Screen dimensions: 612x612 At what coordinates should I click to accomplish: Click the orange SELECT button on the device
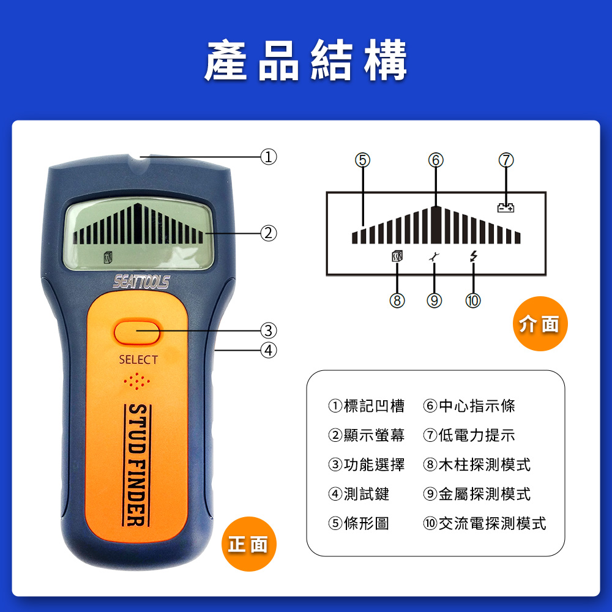pos(137,332)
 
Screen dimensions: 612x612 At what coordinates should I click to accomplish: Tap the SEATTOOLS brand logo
pos(141,282)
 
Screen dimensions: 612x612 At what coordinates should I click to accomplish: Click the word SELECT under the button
pos(138,360)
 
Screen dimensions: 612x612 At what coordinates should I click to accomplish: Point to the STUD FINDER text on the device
pos(137,465)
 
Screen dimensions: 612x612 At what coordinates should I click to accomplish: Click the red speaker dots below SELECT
pos(136,381)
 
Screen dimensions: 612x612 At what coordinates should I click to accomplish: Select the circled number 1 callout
pos(269,157)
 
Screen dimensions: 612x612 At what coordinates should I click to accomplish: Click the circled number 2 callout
pos(269,233)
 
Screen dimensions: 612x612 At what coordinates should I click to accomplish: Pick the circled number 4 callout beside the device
pos(269,350)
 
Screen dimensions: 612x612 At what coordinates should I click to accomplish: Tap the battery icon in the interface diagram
pos(506,208)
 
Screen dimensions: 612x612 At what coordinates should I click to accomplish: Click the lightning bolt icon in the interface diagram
pos(474,256)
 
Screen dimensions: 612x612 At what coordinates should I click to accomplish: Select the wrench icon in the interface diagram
pos(434,256)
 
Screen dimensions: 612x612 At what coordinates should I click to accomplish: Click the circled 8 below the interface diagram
pos(397,300)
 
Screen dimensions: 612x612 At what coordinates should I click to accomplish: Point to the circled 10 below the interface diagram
pos(473,300)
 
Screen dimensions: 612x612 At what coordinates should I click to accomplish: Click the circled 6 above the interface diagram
pos(436,160)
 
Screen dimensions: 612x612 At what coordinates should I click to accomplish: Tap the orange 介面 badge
pos(540,324)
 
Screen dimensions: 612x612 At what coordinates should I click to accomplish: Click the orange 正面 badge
pos(249,544)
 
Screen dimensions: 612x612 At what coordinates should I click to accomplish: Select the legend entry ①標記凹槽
pos(367,406)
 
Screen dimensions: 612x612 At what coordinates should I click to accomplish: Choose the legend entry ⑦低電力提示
pos(469,435)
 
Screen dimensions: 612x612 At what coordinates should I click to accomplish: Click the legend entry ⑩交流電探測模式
pos(485,523)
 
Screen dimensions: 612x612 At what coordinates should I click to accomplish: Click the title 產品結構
pos(306,60)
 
